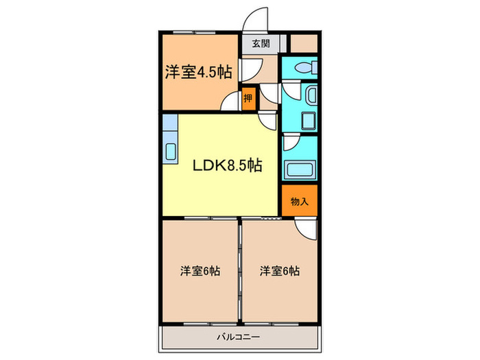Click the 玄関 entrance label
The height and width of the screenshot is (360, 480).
tap(260, 44)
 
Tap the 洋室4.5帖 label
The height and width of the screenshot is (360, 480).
tap(197, 73)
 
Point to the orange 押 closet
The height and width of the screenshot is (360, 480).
tap(248, 98)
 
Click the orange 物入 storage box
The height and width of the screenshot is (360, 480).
tap(300, 201)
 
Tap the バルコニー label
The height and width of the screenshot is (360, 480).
tap(240, 337)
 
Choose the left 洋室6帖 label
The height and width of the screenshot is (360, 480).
tap(200, 271)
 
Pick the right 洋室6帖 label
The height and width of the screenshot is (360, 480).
tap(279, 271)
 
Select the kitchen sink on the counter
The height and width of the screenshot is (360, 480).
tap(170, 151)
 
